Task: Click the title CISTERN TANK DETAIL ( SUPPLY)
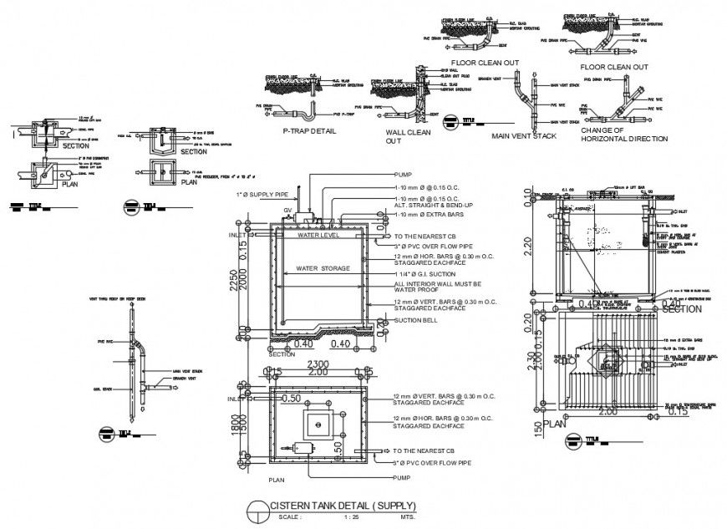pyautogui.click(x=343, y=506)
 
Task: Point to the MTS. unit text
pyautogui.click(x=408, y=518)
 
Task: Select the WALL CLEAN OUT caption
pyautogui.click(x=408, y=136)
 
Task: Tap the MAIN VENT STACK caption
pyautogui.click(x=523, y=135)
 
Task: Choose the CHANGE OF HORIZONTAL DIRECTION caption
pyautogui.click(x=626, y=135)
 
